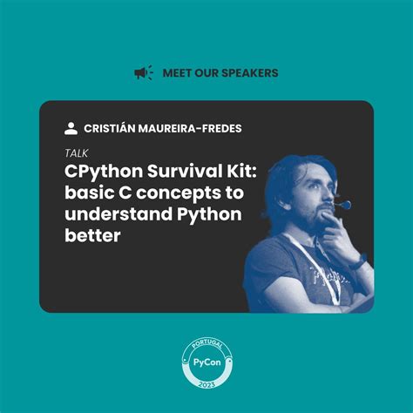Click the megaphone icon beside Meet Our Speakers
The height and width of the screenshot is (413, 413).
coord(143,73)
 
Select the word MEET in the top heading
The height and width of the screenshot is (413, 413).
coord(177,73)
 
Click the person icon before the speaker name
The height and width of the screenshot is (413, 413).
coord(71,128)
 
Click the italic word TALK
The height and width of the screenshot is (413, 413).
coord(76,153)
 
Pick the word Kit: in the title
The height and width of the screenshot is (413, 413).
coord(230,172)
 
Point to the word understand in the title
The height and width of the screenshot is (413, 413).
coord(117,214)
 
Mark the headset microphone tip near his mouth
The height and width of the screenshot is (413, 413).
coord(346,206)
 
